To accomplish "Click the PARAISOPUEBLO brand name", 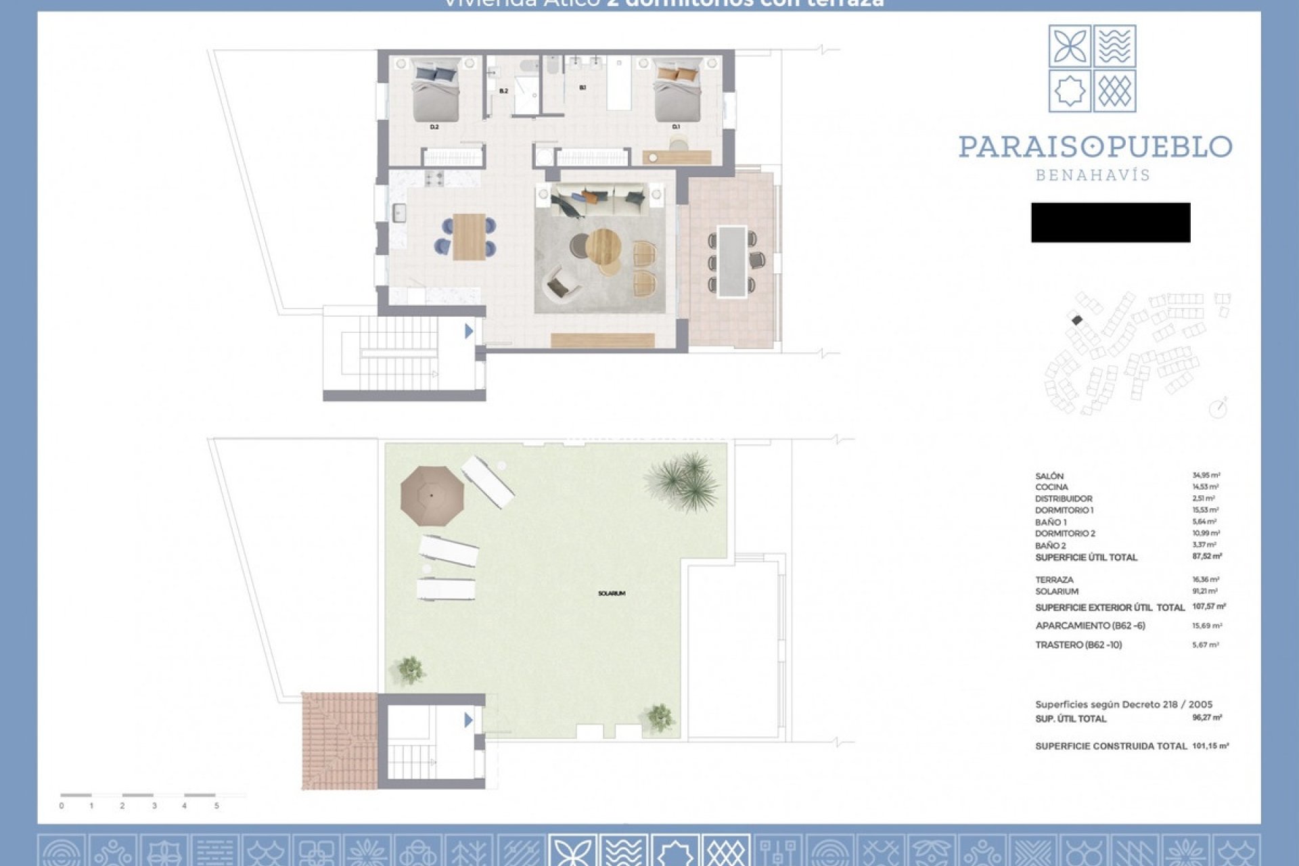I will click(x=1095, y=147).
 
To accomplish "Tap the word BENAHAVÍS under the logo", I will click(x=1093, y=175).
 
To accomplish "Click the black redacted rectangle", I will click(x=1110, y=223).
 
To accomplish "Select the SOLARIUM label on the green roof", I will click(x=612, y=593).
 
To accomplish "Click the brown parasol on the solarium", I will click(x=432, y=496).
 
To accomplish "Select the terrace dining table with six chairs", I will click(x=732, y=260).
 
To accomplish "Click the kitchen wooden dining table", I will click(x=469, y=237).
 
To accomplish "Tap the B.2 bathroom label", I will click(x=503, y=91).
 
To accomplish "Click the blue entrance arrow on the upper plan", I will click(x=468, y=331).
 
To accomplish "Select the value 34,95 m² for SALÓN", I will click(x=1206, y=476).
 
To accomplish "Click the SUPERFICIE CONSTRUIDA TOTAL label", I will click(x=1111, y=746).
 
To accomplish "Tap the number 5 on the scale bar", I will click(x=216, y=806).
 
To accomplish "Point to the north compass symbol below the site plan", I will click(x=1218, y=409).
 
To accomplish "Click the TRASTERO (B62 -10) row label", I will click(x=1078, y=645).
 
